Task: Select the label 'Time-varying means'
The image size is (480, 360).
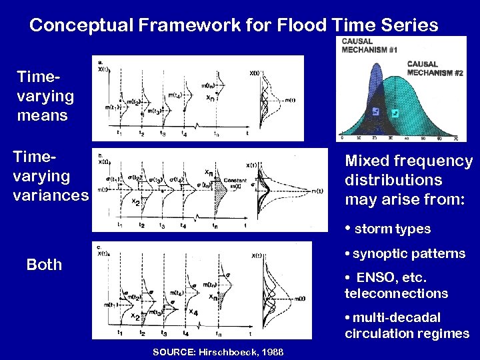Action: tap(45, 96)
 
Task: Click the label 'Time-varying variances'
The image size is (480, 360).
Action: tap(51, 176)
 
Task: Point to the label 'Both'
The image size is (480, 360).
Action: tap(44, 265)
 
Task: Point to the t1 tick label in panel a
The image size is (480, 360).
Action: tap(119, 131)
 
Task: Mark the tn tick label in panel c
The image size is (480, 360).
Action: tap(218, 333)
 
